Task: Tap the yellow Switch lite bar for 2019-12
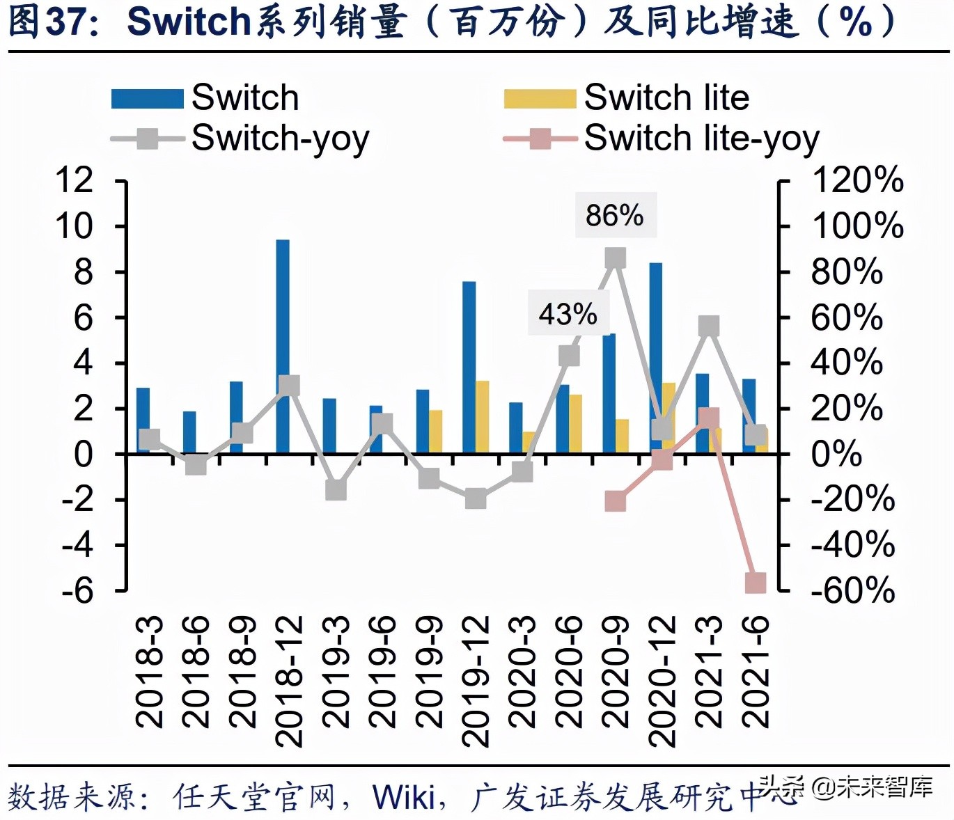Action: click(x=482, y=417)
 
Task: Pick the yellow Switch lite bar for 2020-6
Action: click(x=576, y=424)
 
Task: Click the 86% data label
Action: click(x=615, y=215)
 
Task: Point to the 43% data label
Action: click(x=568, y=314)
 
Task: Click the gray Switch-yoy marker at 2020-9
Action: click(x=615, y=258)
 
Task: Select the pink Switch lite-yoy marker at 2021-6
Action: click(x=756, y=583)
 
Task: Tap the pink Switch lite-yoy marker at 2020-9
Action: click(x=615, y=500)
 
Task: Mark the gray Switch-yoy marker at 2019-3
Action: click(x=336, y=490)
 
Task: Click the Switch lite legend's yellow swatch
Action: click(x=540, y=98)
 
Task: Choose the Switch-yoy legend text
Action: click(x=280, y=139)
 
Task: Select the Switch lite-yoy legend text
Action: click(x=701, y=139)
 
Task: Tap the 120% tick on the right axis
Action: click(x=857, y=180)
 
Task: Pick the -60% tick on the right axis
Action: click(x=853, y=590)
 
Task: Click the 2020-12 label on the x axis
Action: click(x=662, y=681)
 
